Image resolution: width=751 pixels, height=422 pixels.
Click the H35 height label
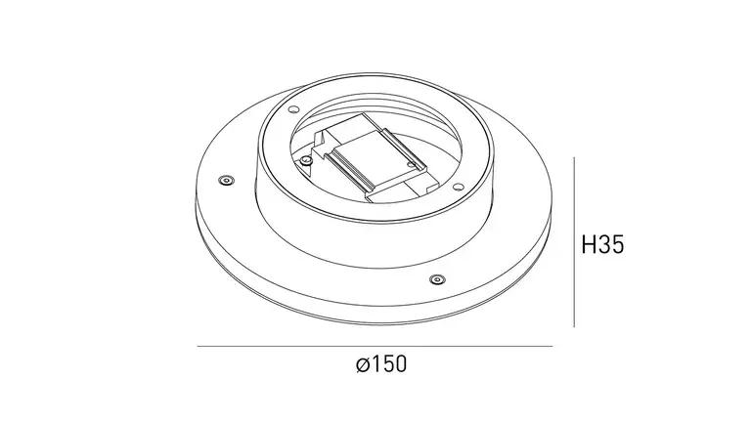pyautogui.click(x=602, y=244)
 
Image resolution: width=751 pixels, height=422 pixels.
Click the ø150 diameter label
pyautogui.click(x=381, y=364)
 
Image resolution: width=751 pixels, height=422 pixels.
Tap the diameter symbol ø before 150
pyautogui.click(x=363, y=365)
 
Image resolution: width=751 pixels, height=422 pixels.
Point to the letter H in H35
pyautogui.click(x=588, y=244)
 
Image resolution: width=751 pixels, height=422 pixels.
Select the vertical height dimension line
pyautogui.click(x=574, y=241)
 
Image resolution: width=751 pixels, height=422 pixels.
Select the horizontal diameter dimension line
pyautogui.click(x=375, y=346)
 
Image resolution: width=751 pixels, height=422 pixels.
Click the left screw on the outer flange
pyautogui.click(x=226, y=181)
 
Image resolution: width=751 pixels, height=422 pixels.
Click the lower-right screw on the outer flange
pyautogui.click(x=436, y=279)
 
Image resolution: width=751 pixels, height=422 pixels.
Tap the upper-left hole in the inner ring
pyautogui.click(x=293, y=109)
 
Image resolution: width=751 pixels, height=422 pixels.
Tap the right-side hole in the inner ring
pyautogui.click(x=458, y=187)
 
